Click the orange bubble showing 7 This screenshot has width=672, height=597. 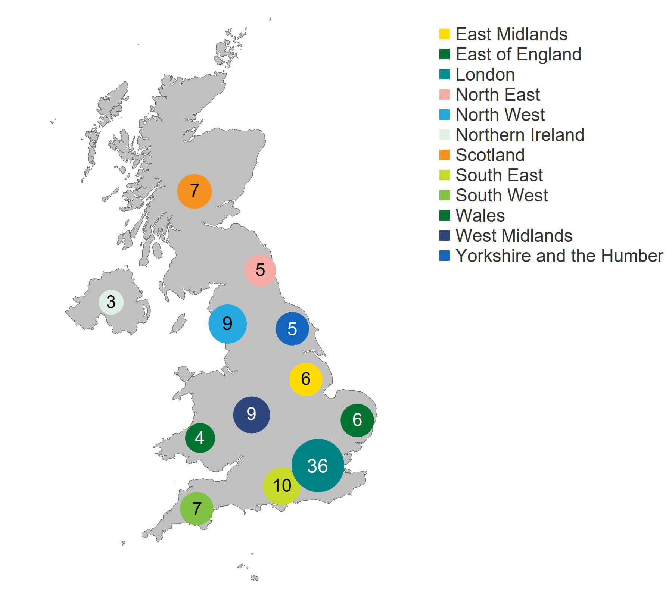tap(194, 191)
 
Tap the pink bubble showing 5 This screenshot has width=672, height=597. tap(260, 270)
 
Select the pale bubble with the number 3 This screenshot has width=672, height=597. tap(111, 302)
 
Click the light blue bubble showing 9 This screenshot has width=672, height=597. tap(227, 324)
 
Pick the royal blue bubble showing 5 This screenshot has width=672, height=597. tap(292, 329)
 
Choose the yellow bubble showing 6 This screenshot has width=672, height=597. tap(305, 379)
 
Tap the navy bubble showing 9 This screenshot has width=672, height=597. tap(251, 415)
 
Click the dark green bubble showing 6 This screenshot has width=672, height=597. tap(357, 420)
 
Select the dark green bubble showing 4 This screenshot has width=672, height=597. tap(200, 438)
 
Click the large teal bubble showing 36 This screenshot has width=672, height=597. tap(318, 465)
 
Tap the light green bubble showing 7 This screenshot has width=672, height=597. tap(197, 509)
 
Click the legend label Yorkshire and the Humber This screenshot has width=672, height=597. tap(559, 256)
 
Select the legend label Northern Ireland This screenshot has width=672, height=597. tap(520, 135)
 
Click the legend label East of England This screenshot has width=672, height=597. tap(518, 54)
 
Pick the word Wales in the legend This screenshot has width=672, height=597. tap(480, 216)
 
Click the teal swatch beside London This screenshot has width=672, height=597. tap(444, 74)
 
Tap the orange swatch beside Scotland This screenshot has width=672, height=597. tap(444, 155)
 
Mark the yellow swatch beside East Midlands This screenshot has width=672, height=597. tap(444, 34)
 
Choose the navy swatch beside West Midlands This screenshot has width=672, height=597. tap(444, 235)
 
